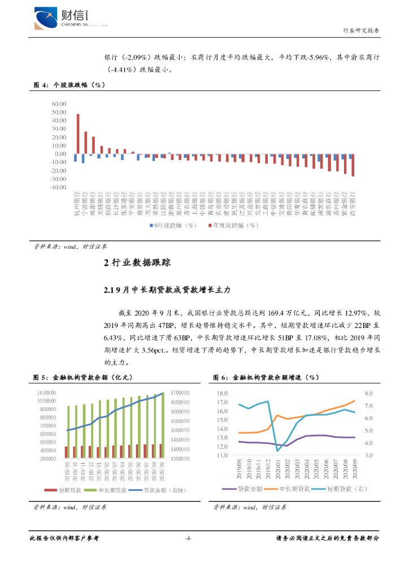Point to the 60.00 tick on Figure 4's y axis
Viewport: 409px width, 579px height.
tap(59, 105)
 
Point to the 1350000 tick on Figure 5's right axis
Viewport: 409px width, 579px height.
tap(182, 459)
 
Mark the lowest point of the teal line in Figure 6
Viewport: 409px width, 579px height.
tap(277, 450)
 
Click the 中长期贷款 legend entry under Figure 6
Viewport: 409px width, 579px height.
tap(293, 489)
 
